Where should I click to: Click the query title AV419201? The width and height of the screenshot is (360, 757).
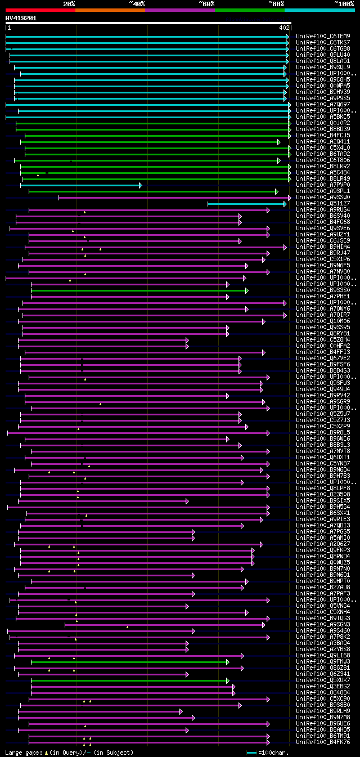21,18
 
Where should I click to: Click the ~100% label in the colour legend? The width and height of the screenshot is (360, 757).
344,3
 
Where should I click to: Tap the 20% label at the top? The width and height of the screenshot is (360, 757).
69,3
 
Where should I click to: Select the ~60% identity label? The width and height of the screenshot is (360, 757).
206,3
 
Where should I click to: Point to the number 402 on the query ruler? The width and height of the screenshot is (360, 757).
284,27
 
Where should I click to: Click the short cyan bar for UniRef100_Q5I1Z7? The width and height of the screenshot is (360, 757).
246,203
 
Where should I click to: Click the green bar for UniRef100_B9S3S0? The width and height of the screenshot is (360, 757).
139,290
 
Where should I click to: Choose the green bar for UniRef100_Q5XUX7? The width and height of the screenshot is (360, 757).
129,680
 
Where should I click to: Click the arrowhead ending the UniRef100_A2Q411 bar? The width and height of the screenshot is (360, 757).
279,142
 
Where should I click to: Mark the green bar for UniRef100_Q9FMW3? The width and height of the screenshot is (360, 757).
129,661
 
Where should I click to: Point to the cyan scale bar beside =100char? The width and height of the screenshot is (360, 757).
251,752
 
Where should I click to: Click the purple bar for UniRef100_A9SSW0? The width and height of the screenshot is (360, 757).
174,197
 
